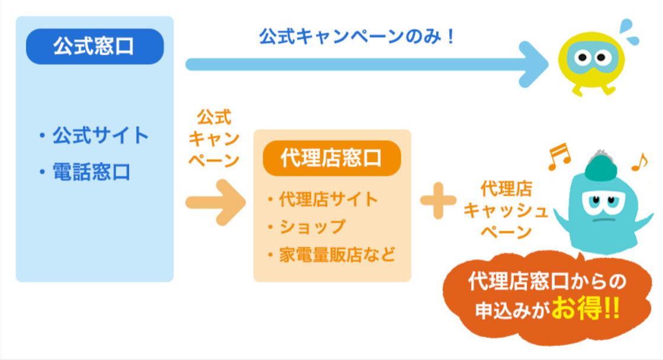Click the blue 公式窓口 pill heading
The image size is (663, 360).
(x=95, y=47)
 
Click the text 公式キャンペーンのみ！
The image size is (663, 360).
(x=357, y=36)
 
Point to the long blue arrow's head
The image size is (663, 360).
(x=533, y=65)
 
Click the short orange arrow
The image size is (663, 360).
(x=215, y=202)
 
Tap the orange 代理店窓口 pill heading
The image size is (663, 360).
(x=331, y=158)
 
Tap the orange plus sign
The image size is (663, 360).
(x=438, y=201)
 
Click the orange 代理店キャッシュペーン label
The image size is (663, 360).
(x=506, y=210)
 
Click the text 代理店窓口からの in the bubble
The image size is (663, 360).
(x=547, y=282)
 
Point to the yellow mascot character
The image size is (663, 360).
(x=591, y=63)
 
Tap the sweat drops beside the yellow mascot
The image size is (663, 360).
(x=629, y=31)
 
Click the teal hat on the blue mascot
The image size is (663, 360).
(x=600, y=165)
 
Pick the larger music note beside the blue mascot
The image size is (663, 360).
(x=559, y=156)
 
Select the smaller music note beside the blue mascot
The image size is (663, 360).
(x=639, y=162)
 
